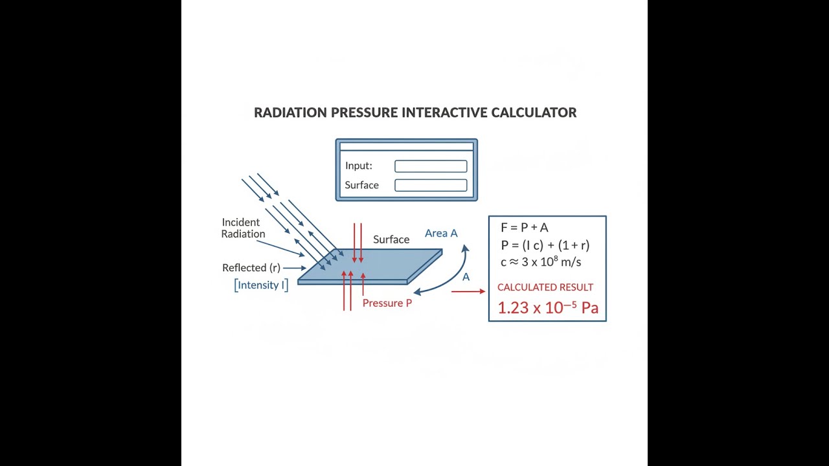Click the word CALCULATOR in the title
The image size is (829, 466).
(534, 113)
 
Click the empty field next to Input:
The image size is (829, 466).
(431, 166)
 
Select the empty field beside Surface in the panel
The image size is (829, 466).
(431, 185)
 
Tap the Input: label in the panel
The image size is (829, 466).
(359, 166)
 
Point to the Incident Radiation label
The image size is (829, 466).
(243, 228)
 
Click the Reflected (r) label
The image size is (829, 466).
(251, 268)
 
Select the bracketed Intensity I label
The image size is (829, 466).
(261, 285)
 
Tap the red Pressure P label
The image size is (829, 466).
(387, 304)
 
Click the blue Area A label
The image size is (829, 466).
(441, 234)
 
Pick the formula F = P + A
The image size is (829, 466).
(525, 227)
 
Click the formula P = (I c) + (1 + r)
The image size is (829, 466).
(545, 245)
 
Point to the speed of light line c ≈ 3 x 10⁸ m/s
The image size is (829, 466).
(541, 262)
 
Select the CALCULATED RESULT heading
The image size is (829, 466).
(545, 287)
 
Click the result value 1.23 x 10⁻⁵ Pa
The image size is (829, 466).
(548, 307)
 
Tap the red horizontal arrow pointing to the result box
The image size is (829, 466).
(468, 291)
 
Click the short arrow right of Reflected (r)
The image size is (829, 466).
(295, 268)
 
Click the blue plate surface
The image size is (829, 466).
(370, 265)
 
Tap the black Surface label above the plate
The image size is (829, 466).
(391, 239)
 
